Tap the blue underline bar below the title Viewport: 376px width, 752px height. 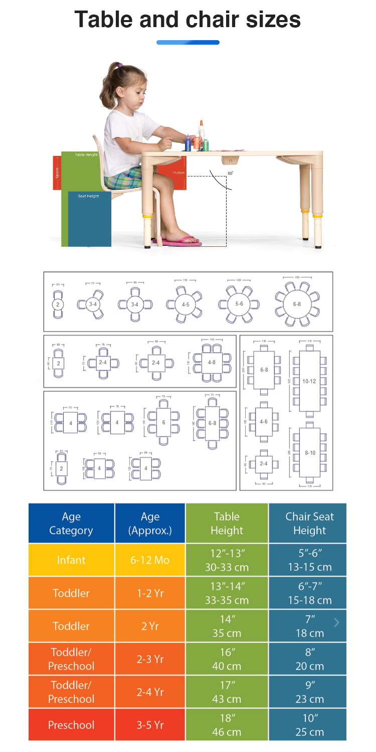click(x=188, y=43)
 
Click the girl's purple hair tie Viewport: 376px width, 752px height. click(x=120, y=65)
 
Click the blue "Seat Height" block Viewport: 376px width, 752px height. click(x=89, y=218)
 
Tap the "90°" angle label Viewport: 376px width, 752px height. click(x=230, y=173)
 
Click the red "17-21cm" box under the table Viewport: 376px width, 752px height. click(x=172, y=173)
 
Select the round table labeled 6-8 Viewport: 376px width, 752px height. click(x=297, y=305)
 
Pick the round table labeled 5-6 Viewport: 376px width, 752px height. click(x=239, y=305)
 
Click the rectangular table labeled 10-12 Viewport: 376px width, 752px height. click(x=309, y=381)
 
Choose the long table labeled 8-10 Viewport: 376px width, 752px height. click(x=309, y=453)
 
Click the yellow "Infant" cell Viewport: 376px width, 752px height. click(x=71, y=560)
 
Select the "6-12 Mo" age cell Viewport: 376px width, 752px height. click(x=150, y=560)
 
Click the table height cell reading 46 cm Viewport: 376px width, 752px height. click(x=227, y=724)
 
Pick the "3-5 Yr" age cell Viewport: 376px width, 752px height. click(x=150, y=724)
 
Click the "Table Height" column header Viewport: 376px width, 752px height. click(x=227, y=523)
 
